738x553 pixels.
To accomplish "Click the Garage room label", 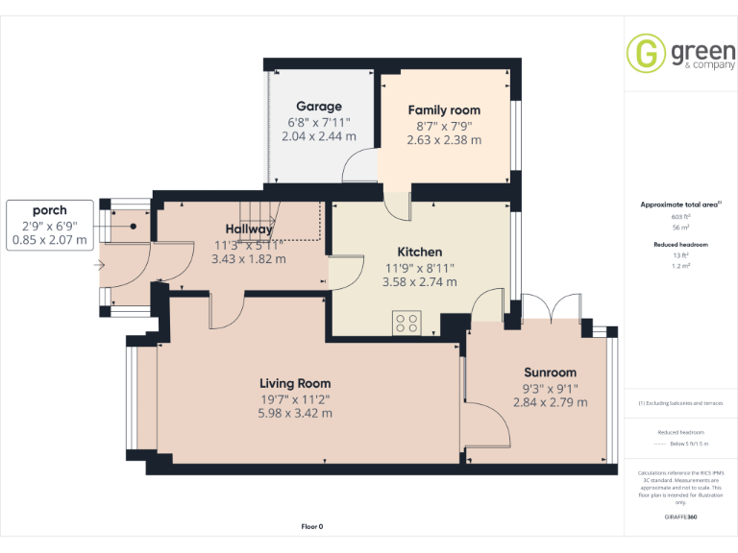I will (318, 107).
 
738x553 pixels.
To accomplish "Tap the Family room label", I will (443, 110).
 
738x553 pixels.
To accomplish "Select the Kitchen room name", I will (420, 252).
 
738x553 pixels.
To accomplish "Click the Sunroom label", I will (550, 373).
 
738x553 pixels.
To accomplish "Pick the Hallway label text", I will (249, 229).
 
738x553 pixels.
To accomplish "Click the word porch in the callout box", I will (49, 209).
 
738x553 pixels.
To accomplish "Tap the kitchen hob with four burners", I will (406, 324).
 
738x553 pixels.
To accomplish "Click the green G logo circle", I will (645, 54).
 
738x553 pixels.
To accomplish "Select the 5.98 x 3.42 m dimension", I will (295, 413).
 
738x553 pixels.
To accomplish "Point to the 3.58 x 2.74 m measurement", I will (420, 282).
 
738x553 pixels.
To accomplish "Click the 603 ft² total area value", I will (680, 217).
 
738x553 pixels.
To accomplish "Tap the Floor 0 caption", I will (312, 526).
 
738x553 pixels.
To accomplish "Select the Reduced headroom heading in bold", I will (680, 245).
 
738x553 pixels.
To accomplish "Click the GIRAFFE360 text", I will (680, 517).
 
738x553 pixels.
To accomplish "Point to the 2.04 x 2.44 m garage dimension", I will (318, 137).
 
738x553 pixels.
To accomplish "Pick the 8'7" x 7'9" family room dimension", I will (443, 126).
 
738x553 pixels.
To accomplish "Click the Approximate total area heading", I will (678, 204).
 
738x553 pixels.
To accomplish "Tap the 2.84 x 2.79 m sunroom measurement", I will (550, 403).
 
